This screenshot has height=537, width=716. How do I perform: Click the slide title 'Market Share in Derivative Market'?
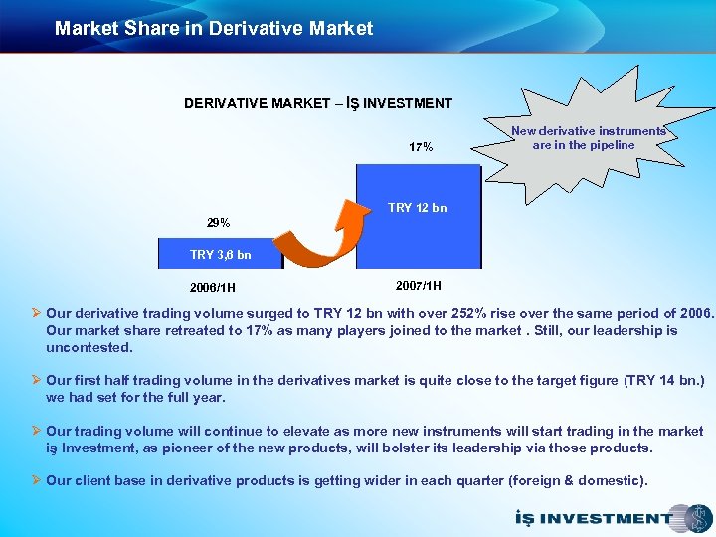[214, 29]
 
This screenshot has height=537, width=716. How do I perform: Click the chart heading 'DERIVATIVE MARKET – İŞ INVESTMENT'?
[318, 103]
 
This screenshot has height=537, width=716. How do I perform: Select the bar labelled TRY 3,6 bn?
[221, 255]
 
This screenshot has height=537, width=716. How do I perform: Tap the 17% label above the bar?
[421, 147]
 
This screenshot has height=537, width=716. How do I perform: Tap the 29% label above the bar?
[218, 222]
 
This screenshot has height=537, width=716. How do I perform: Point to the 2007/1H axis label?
[420, 285]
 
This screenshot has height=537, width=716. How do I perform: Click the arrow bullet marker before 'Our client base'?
[37, 481]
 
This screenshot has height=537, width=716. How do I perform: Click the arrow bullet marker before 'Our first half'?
[37, 380]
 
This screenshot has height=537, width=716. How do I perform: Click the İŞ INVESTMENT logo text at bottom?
[591, 518]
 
